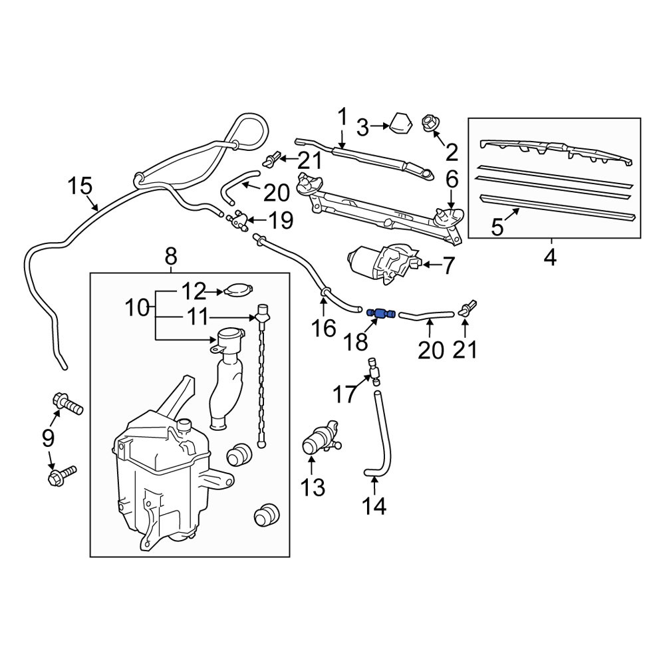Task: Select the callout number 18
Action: click(355, 342)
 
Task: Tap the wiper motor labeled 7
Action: click(384, 263)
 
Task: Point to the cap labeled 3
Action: click(401, 124)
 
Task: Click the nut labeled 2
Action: click(430, 124)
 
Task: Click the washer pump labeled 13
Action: click(321, 439)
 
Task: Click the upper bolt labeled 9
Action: click(67, 404)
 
